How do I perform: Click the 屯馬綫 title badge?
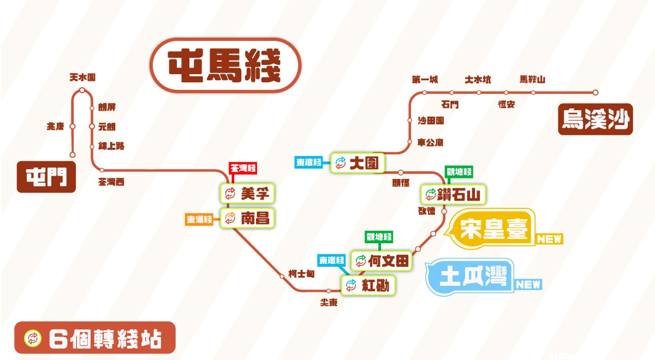coord(225,65)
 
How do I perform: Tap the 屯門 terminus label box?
coord(46,177)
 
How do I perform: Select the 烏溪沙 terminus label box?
coord(595,119)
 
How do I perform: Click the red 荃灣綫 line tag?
coord(243,168)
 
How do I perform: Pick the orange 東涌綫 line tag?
coord(199,219)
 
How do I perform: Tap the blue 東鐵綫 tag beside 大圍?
coord(309,162)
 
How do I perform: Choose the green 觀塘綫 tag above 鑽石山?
coord(459,172)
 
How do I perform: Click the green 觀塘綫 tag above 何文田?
coord(379,237)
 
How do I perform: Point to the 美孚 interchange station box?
coord(247,194)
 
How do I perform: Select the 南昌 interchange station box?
coord(247,218)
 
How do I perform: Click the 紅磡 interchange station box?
coord(368,285)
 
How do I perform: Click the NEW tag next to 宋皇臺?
coord(549,239)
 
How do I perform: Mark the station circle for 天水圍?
coord(82,90)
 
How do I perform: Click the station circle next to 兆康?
coord(72,126)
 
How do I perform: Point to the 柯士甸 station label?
coord(301,274)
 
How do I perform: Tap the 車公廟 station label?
coord(430,142)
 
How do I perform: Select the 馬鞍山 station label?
coord(532,79)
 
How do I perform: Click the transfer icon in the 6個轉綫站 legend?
coord(33,339)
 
